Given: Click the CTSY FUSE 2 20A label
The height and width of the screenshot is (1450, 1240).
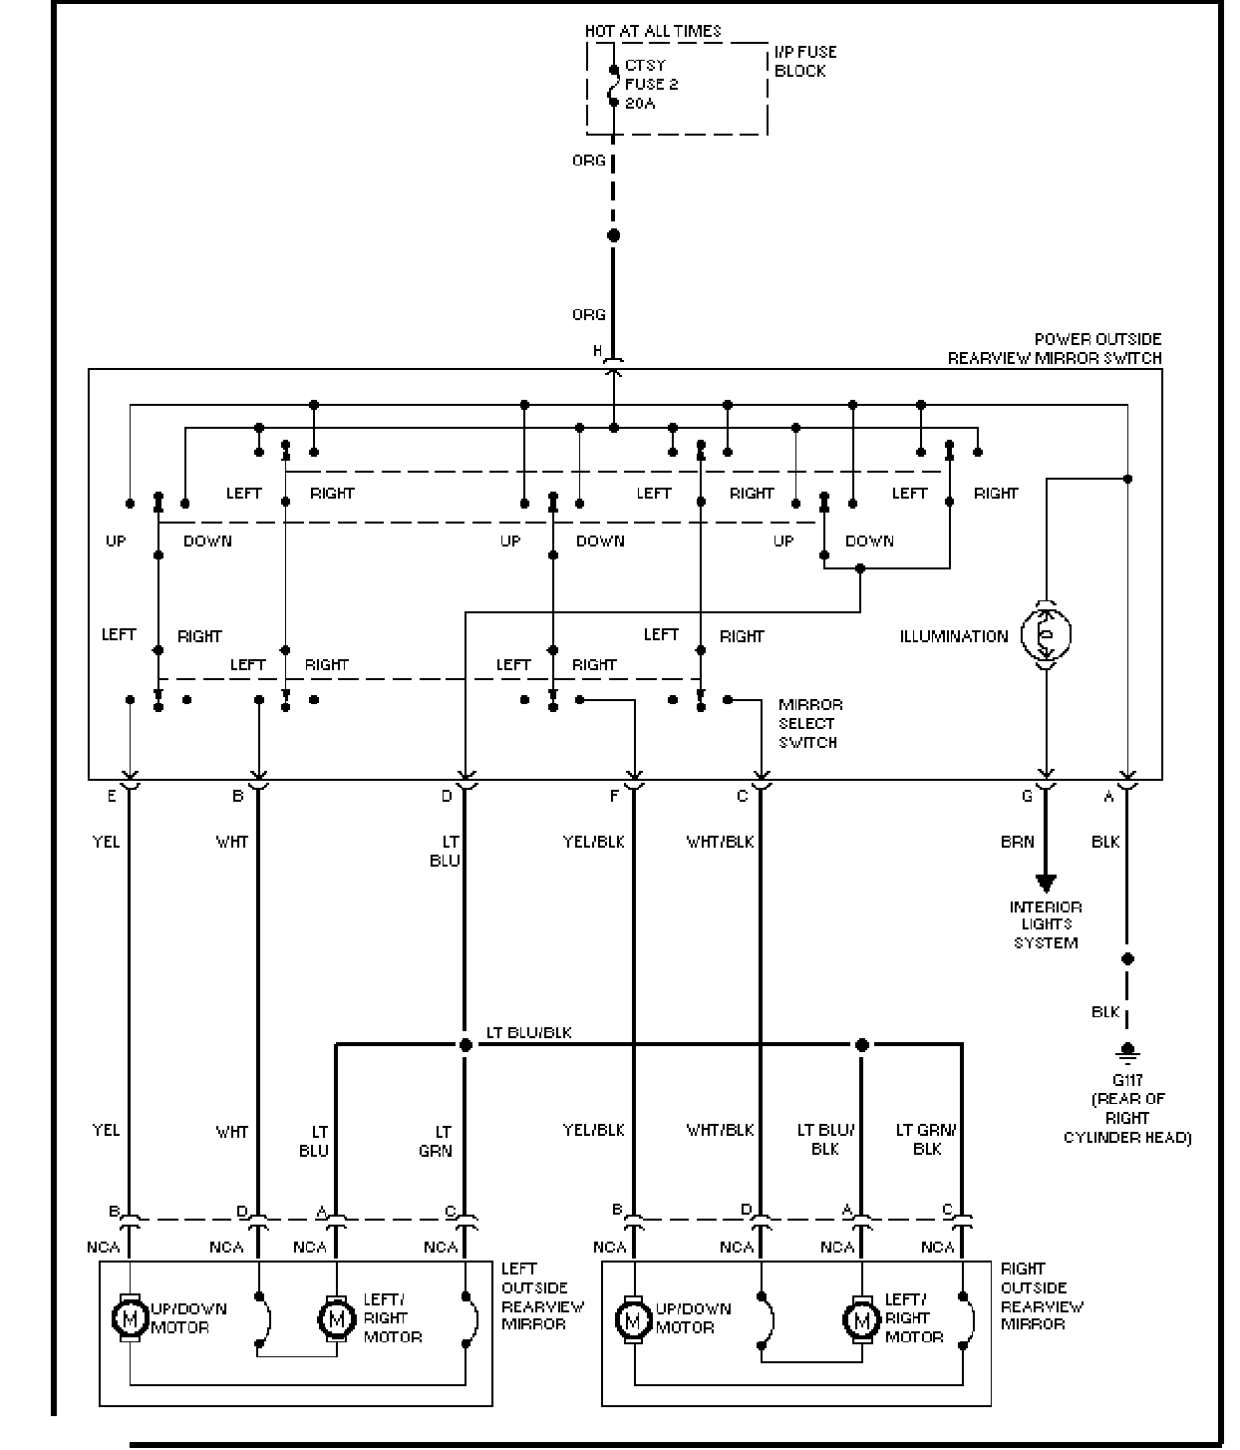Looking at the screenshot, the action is tap(651, 84).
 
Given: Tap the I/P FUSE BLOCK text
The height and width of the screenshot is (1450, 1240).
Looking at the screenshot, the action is tap(805, 61).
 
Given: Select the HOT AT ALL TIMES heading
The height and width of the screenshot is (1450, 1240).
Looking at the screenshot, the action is tap(653, 31).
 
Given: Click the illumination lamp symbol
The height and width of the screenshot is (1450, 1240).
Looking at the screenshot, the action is tap(1046, 634).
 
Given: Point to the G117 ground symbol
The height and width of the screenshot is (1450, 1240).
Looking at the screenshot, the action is tap(1127, 1053).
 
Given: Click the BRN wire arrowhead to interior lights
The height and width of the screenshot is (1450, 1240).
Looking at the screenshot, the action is tap(1046, 884).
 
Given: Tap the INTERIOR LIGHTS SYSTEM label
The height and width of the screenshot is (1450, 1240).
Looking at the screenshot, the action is tap(1045, 924).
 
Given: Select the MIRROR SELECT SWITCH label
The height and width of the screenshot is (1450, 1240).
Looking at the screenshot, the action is tap(810, 723).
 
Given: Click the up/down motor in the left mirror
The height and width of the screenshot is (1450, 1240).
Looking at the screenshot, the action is tap(130, 1318).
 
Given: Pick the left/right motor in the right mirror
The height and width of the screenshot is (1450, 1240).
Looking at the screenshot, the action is tap(861, 1319).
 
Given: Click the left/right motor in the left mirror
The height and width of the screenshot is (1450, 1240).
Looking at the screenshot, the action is tap(337, 1318).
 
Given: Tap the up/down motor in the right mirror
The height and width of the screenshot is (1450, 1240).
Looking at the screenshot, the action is tap(633, 1319).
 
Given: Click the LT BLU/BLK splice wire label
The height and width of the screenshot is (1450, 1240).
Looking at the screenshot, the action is tap(529, 1032).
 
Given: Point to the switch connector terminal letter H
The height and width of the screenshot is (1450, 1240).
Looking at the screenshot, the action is tap(597, 350).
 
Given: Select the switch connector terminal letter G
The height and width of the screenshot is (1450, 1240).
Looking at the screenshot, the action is tap(1027, 796).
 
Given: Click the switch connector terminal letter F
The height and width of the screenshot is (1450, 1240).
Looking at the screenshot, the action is tap(614, 796).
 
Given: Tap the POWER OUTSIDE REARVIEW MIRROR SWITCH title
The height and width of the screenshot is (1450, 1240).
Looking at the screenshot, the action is tap(1055, 349).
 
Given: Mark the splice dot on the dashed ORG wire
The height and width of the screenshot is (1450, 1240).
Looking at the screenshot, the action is tap(614, 235).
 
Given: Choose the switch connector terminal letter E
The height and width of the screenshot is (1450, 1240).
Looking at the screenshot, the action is tap(112, 796).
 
